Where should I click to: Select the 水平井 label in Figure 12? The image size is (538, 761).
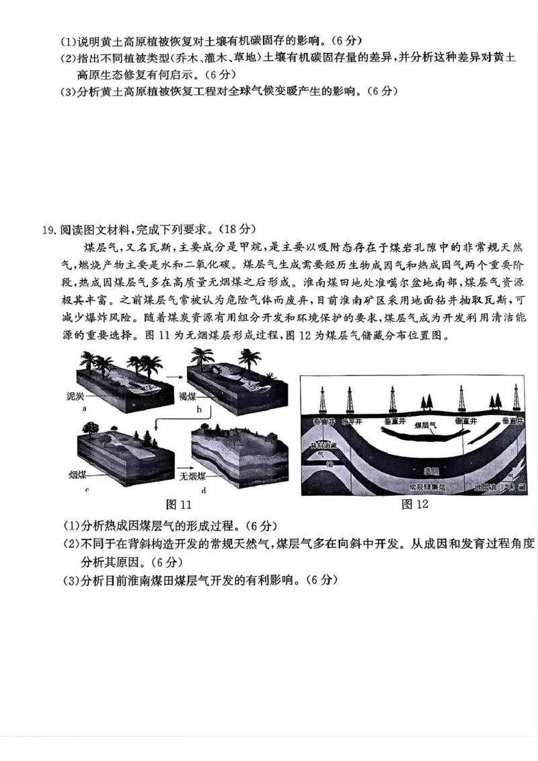[x=352, y=421]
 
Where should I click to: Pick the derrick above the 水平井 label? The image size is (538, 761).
[x=350, y=400]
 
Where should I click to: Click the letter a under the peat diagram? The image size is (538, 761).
[x=83, y=408]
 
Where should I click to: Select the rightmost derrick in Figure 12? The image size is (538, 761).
[x=516, y=398]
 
